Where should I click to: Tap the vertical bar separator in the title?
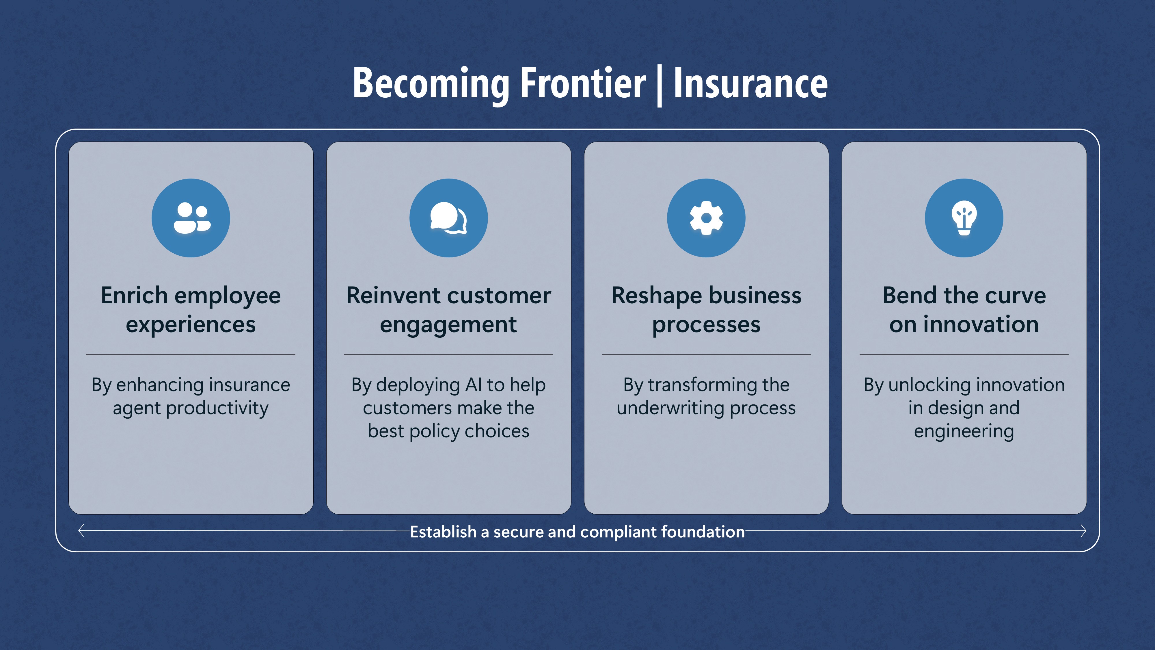coord(659,85)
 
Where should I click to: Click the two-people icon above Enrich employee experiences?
coord(191,218)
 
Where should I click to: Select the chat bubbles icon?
coord(448,218)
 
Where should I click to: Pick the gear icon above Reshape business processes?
coord(706,218)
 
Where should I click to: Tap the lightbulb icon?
coord(964,218)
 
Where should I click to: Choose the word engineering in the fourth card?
coord(964,432)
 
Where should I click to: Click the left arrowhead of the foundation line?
coord(81,531)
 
